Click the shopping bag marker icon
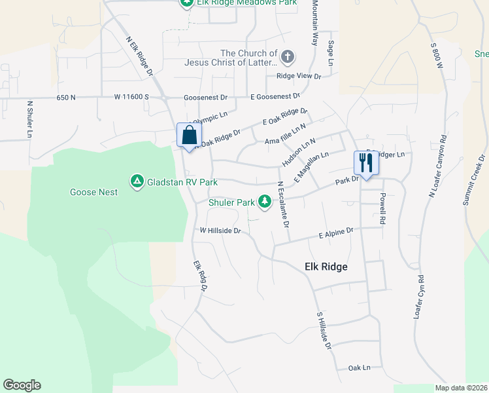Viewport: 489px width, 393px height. click(x=189, y=136)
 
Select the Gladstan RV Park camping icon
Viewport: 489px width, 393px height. click(x=137, y=180)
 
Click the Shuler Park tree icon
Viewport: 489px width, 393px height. click(x=265, y=202)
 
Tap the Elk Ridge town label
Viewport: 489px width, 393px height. click(x=326, y=267)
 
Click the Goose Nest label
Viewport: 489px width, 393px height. click(x=94, y=192)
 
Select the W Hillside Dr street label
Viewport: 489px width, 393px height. click(x=221, y=231)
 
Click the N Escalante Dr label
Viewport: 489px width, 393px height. click(x=282, y=204)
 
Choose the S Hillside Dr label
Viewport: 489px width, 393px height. click(x=324, y=331)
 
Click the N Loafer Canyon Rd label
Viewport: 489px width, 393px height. click(x=437, y=166)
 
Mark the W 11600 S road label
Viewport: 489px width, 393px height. click(x=132, y=97)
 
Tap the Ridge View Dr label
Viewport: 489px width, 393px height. click(x=299, y=77)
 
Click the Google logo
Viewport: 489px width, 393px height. click(x=22, y=385)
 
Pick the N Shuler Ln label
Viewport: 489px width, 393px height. click(x=29, y=119)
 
